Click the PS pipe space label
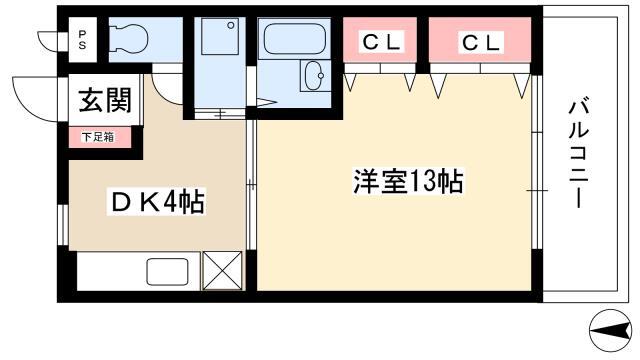(x=82, y=40)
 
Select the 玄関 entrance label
(x=105, y=100)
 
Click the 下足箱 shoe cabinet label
(x=98, y=137)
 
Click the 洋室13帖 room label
(x=408, y=181)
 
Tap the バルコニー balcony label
(x=579, y=154)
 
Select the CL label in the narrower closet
(x=381, y=41)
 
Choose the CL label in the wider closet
(x=480, y=42)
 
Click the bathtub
(x=295, y=39)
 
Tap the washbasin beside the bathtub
(x=315, y=76)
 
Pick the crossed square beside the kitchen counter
(x=222, y=271)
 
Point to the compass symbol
(x=610, y=330)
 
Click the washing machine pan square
(x=220, y=36)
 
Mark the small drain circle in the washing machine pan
(x=231, y=25)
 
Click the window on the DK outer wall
(x=63, y=225)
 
